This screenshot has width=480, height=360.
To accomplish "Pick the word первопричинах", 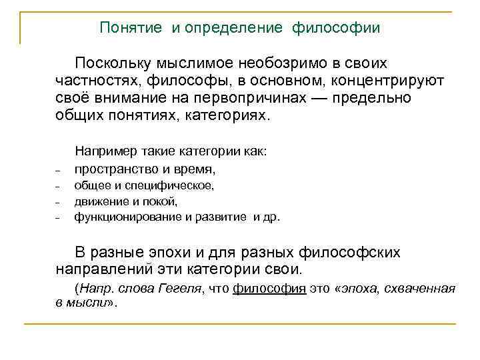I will click(251, 97).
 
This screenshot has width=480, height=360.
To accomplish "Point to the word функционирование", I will click(128, 217).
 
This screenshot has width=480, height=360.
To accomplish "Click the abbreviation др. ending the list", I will click(272, 217).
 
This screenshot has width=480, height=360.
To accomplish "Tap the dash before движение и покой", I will click(59, 202).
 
